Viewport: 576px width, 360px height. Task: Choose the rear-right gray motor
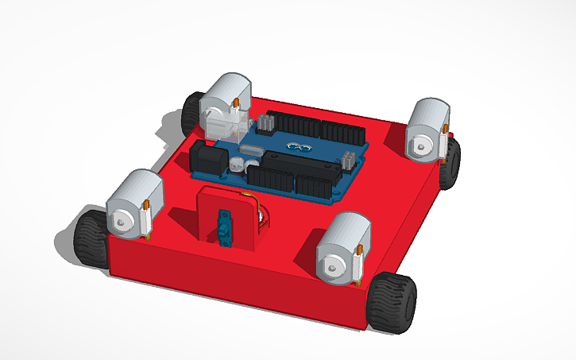point(428,130)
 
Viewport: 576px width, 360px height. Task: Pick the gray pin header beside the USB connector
point(265,123)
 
